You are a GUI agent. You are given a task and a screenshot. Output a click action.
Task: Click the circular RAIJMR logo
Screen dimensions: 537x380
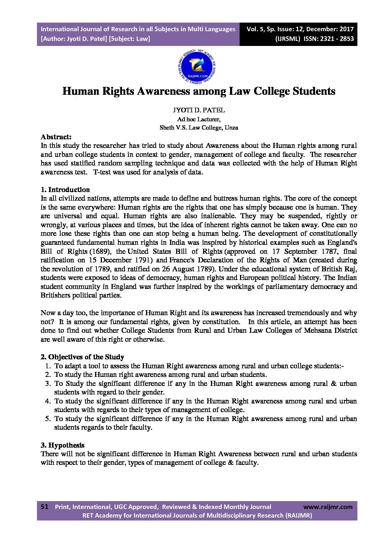[197, 66]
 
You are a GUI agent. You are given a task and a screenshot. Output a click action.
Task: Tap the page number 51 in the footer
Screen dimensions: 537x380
[44, 507]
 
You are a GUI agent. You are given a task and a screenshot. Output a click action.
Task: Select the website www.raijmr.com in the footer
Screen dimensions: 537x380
[328, 507]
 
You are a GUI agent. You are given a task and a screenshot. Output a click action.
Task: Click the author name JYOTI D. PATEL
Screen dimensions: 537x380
[199, 110]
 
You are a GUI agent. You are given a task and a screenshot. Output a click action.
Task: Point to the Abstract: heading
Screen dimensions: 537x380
[56, 137]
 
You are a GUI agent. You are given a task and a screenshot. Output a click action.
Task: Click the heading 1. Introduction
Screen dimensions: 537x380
[65, 190]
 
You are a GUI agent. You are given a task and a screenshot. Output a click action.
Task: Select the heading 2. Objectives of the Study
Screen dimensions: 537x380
[82, 357]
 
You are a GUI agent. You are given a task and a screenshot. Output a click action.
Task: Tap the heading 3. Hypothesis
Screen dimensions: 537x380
[62, 445]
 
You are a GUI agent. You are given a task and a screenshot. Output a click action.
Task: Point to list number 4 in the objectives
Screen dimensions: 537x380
[48, 401]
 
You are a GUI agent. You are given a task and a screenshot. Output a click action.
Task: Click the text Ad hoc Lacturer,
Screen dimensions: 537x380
[199, 119]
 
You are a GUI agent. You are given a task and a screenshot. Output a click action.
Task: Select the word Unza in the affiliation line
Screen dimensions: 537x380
[231, 127]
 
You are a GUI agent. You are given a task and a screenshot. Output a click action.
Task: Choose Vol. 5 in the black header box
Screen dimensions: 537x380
[254, 29]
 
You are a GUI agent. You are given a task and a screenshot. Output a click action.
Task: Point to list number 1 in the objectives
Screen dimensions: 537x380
[48, 366]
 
